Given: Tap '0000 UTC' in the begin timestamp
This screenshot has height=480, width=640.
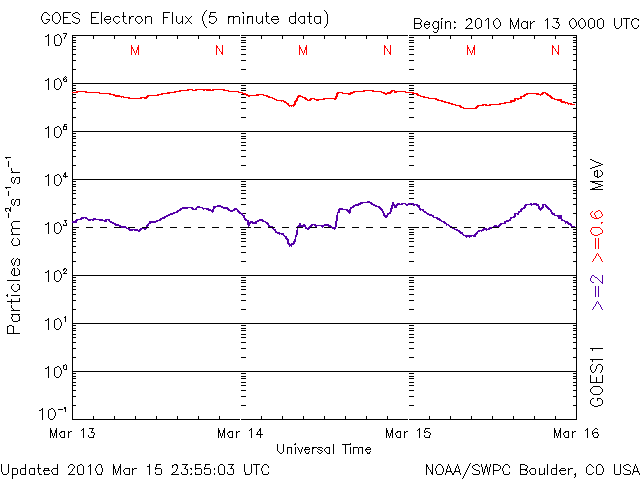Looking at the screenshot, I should point(600,23).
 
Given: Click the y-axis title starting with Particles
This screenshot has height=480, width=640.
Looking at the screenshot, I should point(16,245).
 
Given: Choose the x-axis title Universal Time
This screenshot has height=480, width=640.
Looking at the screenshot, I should point(323,449).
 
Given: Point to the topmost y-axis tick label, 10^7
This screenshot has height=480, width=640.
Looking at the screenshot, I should point(55,41).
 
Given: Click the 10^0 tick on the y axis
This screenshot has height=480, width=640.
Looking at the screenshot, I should point(55,372).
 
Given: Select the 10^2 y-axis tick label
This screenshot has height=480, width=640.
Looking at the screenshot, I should point(55,276).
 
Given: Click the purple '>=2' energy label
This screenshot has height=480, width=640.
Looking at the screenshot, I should point(598,294).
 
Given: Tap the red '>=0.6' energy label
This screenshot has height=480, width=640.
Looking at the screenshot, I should point(598,241).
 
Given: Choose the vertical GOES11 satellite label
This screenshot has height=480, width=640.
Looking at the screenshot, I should point(598,377).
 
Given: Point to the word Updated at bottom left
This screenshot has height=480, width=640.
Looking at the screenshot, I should point(29,468).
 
